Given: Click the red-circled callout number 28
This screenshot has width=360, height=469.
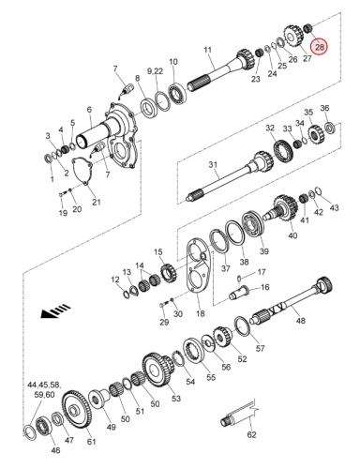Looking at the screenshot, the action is pos(320,47).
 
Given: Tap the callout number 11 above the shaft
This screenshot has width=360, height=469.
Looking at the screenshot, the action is pos(207,50).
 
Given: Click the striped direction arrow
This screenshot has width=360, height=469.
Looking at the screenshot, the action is pos(55,310).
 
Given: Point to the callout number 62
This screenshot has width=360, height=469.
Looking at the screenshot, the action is pos(251,434).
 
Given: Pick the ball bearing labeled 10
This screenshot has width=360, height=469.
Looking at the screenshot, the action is pos(177,93).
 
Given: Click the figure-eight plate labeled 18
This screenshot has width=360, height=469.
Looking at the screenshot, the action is pos(198,265).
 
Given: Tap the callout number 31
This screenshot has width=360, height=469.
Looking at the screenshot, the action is pos(213,164).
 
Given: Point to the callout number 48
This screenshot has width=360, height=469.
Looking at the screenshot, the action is pos(300,321).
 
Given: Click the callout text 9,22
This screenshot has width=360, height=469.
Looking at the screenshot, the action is pos(155,71).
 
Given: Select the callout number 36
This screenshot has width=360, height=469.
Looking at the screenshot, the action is pos(324,108).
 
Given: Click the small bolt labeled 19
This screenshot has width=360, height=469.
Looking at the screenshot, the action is pos(62,193).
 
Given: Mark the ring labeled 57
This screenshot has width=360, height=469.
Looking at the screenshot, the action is pos(243,326).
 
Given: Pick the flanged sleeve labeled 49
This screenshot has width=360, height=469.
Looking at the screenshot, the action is pos(98,399).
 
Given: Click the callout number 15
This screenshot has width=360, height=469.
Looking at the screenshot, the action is pos(158,252).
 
